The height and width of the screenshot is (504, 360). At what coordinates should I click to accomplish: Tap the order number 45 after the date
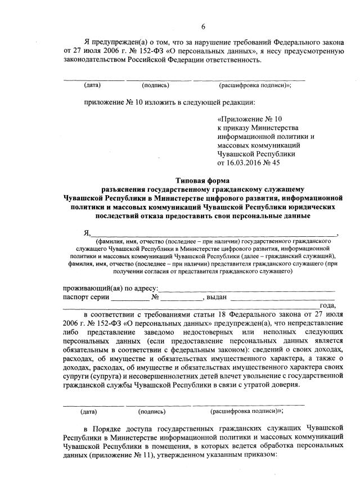pyautogui.click(x=276, y=163)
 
